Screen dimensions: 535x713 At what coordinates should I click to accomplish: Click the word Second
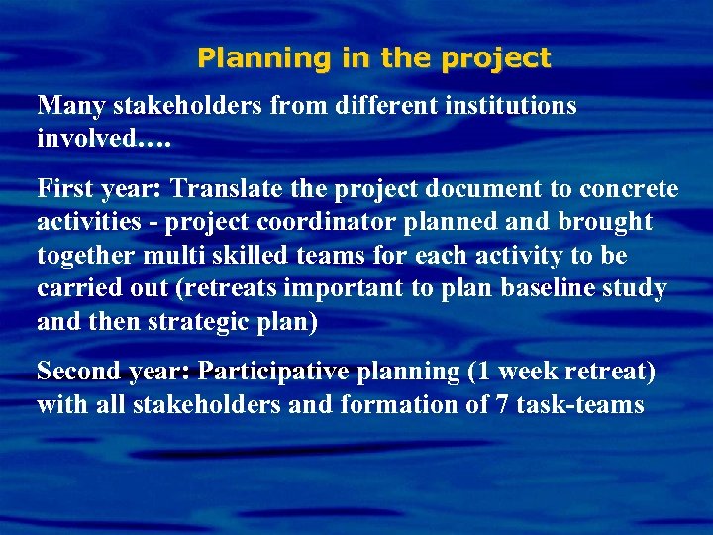click(x=79, y=372)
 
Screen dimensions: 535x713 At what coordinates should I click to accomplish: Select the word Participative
click(x=273, y=372)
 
